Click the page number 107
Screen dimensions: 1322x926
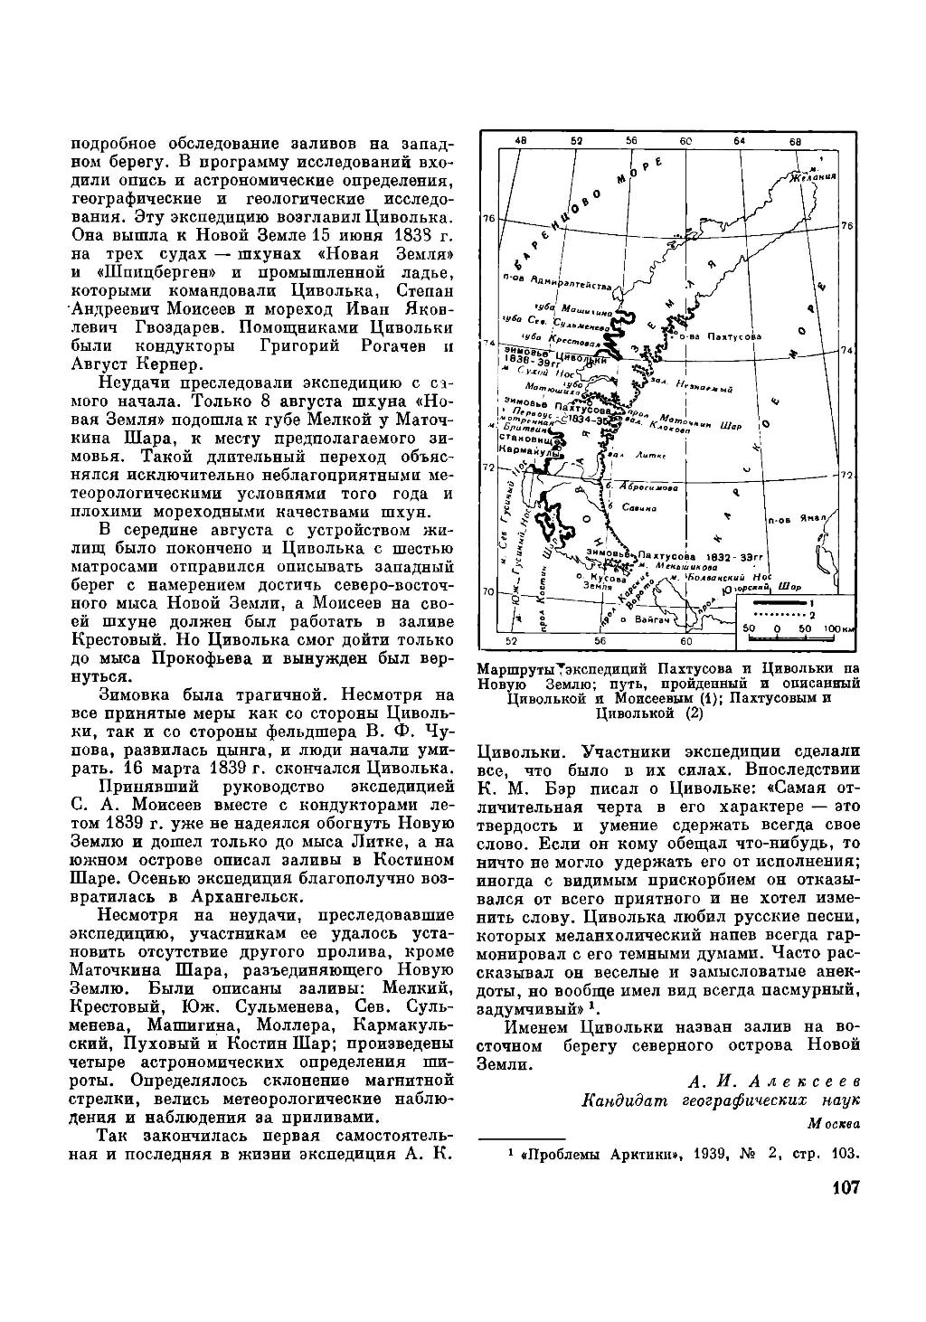point(842,1186)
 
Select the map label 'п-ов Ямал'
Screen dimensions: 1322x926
point(788,522)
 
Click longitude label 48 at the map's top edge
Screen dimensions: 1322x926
point(520,141)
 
